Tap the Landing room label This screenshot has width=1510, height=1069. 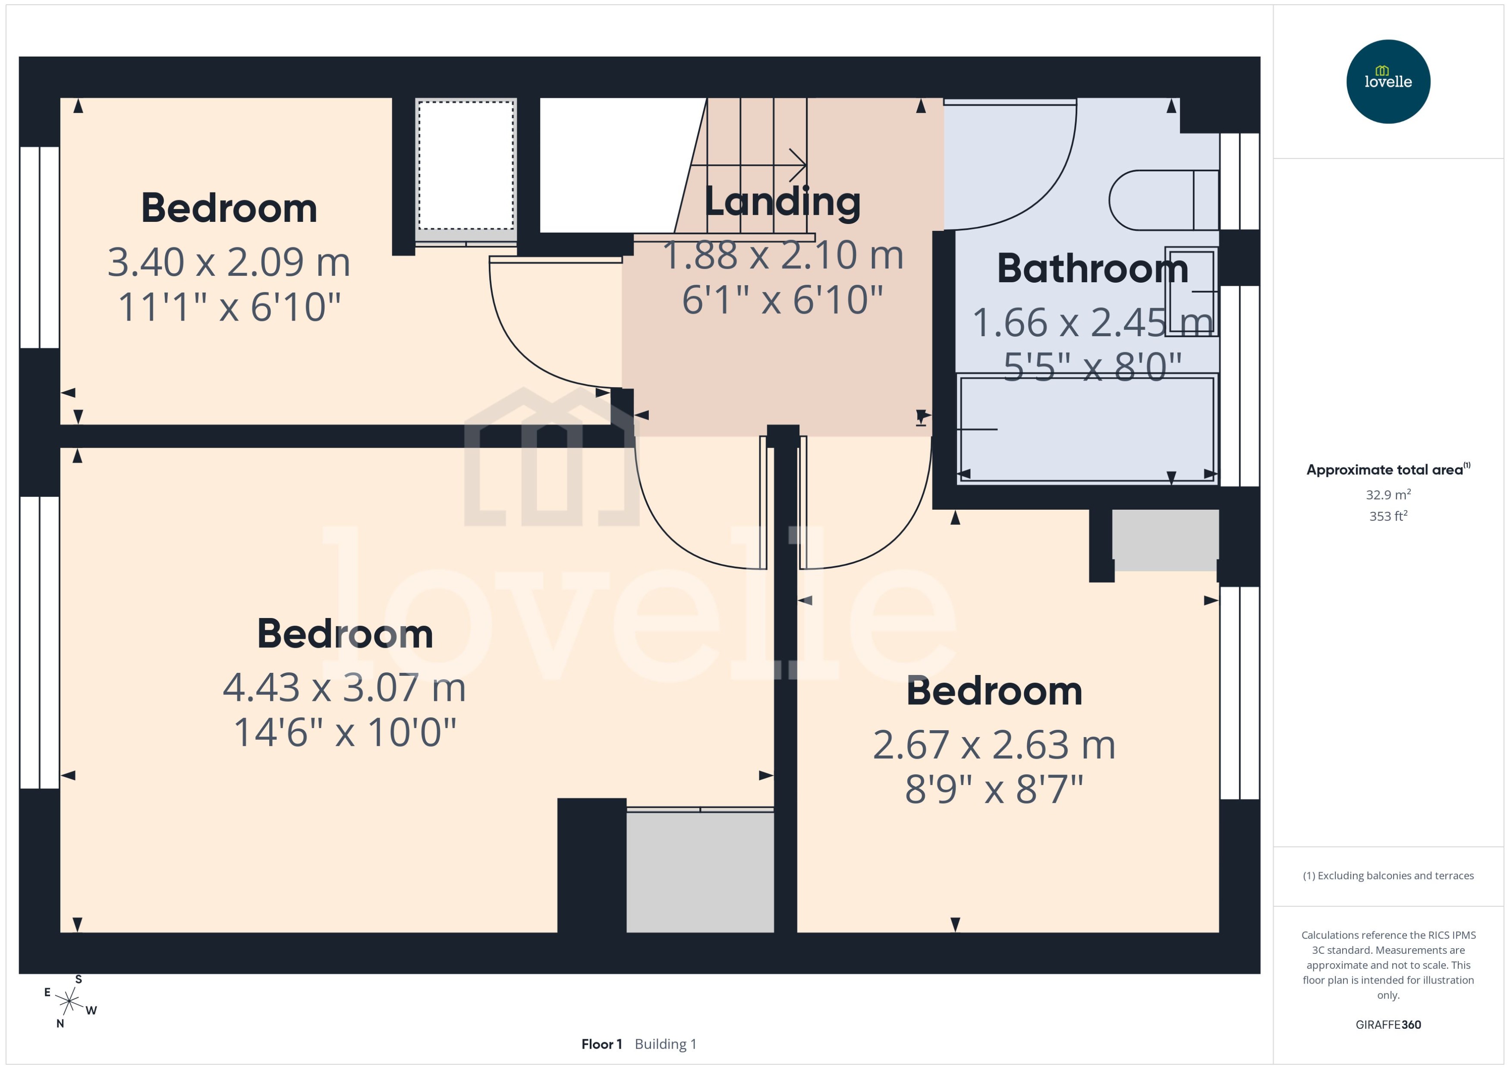(782, 202)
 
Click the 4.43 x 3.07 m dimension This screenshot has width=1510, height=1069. (344, 687)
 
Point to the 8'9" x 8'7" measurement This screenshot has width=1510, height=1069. (994, 789)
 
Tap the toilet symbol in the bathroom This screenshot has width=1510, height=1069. (1161, 200)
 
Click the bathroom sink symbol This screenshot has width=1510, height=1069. (1191, 291)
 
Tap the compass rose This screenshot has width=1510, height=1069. (69, 1001)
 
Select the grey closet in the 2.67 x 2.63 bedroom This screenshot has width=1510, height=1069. (1164, 540)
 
